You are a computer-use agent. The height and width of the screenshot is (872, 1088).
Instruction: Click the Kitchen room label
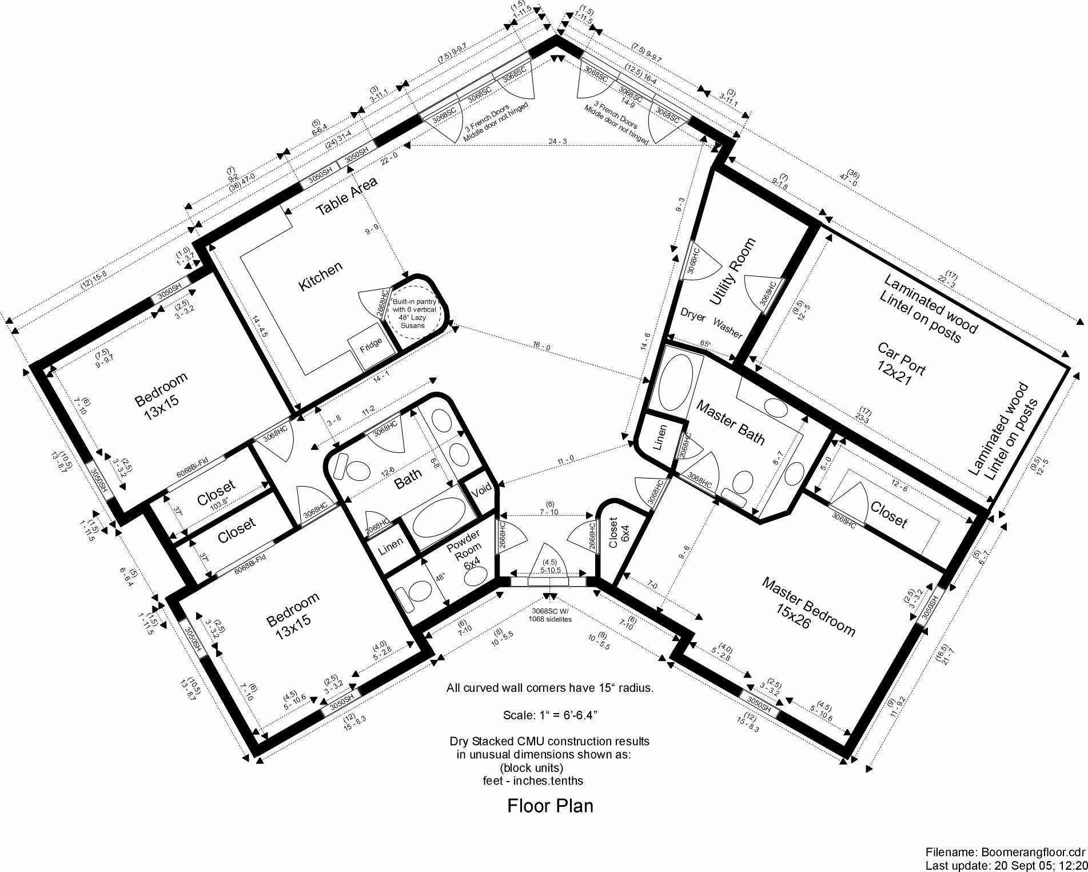(320, 276)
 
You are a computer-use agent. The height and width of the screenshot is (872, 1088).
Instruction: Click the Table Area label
(346, 196)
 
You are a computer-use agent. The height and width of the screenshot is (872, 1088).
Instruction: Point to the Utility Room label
(732, 271)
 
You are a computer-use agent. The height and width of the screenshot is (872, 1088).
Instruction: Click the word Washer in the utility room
(727, 328)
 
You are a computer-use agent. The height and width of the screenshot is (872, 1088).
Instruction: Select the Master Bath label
(730, 423)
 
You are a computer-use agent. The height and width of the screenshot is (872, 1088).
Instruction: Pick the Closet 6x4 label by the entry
(619, 532)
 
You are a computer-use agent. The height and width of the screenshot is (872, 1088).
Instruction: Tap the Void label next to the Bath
(481, 490)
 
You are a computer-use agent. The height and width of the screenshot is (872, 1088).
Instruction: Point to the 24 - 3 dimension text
(557, 141)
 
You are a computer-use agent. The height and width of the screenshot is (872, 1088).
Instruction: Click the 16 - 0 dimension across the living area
(541, 347)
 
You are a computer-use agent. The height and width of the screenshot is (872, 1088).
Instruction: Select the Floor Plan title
(550, 806)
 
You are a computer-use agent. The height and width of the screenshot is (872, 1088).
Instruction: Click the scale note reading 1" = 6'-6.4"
(550, 715)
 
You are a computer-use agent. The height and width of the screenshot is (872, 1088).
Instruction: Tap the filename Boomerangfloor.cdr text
(1005, 852)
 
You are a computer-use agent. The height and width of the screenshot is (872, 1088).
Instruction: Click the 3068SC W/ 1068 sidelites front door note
(550, 615)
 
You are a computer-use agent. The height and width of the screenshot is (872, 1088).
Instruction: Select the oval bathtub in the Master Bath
(676, 382)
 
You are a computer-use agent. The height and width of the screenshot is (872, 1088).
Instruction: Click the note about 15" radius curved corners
(550, 688)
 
